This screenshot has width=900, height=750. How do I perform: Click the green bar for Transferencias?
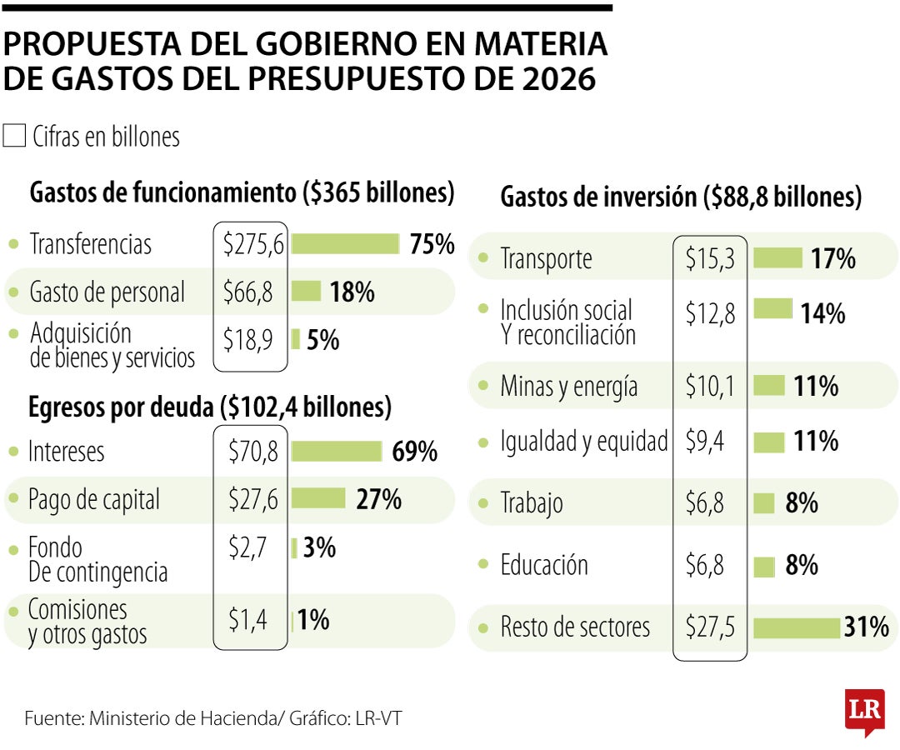tap(345, 243)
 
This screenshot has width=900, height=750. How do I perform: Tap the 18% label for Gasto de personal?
tap(352, 292)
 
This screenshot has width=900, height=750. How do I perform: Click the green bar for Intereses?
tap(336, 451)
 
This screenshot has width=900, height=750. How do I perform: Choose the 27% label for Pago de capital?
tap(378, 499)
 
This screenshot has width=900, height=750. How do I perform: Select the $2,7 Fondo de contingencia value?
tap(247, 547)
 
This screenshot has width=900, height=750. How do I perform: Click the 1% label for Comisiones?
tap(313, 619)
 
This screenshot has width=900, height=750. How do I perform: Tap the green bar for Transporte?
tap(777, 258)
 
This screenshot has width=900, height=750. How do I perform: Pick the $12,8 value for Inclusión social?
tap(710, 313)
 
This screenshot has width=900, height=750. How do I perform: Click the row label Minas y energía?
tap(568, 387)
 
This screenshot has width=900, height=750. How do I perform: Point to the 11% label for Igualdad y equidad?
tap(816, 441)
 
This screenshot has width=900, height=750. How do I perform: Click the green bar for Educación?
tap(763, 567)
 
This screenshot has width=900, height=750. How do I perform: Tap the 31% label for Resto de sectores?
tap(866, 627)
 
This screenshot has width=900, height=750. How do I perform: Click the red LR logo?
tap(863, 711)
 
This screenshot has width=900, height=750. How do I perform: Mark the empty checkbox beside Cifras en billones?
tap(14, 136)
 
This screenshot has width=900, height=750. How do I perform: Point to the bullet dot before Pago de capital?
tap(13, 499)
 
